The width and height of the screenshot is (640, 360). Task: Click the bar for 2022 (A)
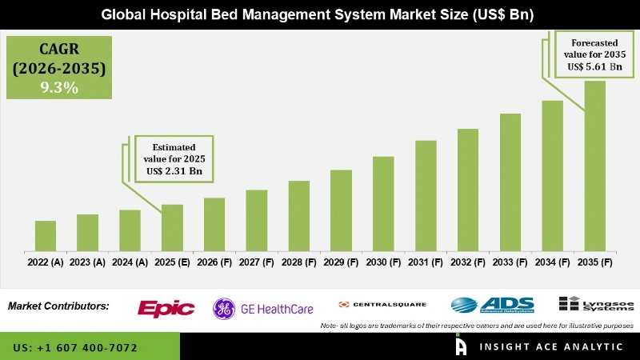click(x=46, y=235)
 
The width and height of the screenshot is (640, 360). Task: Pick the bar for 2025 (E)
click(x=172, y=226)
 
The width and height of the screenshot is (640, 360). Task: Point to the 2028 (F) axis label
click(x=298, y=262)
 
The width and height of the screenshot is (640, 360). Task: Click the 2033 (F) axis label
click(x=510, y=262)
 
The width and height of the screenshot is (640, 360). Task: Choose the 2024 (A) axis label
click(x=130, y=262)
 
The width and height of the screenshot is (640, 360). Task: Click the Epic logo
click(x=166, y=308)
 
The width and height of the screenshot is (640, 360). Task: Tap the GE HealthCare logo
click(x=262, y=308)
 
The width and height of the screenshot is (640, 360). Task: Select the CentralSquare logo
click(x=382, y=305)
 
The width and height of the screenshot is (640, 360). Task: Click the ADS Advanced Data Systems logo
click(x=489, y=305)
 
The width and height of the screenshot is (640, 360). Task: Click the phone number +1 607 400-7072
click(x=75, y=348)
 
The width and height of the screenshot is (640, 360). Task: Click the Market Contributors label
click(x=58, y=306)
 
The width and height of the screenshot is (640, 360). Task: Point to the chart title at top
click(x=320, y=14)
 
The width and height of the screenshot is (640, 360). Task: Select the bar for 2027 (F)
click(x=256, y=219)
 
